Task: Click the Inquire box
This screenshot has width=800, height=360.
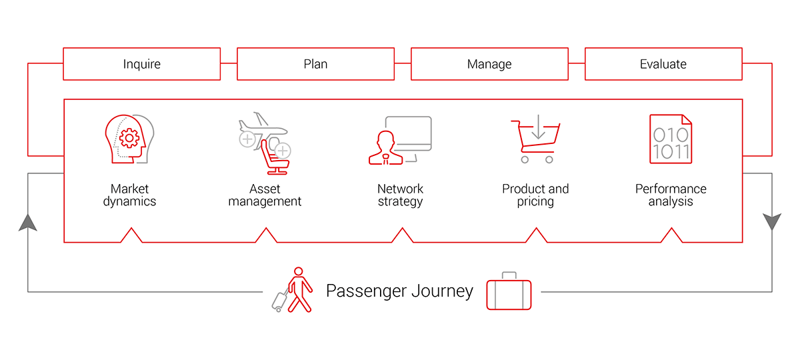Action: click(141, 64)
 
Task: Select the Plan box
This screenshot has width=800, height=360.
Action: click(315, 64)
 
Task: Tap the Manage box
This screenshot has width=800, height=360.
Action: click(489, 64)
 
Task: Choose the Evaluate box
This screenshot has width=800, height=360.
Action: click(663, 64)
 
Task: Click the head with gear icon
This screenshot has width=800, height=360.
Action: click(129, 139)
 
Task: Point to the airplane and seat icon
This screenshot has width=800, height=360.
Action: click(264, 140)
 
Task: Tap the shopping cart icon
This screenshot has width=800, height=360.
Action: click(535, 140)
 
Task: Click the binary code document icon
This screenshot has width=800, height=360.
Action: click(671, 139)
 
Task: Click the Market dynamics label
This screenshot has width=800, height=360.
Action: click(129, 195)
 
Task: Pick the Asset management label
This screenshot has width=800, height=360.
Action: click(265, 195)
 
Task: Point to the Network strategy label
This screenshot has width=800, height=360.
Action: click(400, 195)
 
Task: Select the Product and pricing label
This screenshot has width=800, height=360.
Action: click(535, 195)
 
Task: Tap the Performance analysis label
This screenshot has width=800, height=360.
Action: click(671, 195)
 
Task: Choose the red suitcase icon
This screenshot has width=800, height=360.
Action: click(509, 293)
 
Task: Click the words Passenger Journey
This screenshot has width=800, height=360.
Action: click(399, 291)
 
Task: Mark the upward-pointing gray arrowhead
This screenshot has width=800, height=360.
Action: click(28, 222)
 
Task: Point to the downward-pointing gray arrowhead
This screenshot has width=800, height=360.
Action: click(772, 222)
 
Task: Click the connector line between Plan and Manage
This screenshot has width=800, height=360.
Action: click(402, 64)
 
